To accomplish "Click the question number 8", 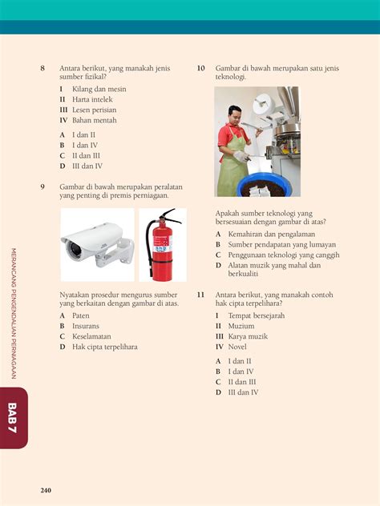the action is tap(42, 68).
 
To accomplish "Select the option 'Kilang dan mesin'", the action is tap(99, 89).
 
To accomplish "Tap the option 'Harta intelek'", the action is tap(92, 99).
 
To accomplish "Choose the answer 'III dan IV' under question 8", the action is tap(87, 167).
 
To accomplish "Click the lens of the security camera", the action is tap(75, 250).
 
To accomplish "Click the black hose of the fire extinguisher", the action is tap(148, 245).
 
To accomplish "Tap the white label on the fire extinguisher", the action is tap(163, 245).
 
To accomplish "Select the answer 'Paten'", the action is tap(81, 315).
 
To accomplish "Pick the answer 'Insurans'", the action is tap(86, 326).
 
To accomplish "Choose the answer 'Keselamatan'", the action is tap(91, 336).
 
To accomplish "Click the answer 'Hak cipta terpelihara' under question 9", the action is tap(105, 347).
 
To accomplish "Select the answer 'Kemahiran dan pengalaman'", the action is tap(272, 235).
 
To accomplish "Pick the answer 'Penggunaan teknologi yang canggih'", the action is tap(284, 255).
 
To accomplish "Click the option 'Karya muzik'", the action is tap(248, 336).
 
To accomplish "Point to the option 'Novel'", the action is tap(237, 347).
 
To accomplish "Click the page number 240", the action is tap(46, 490).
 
